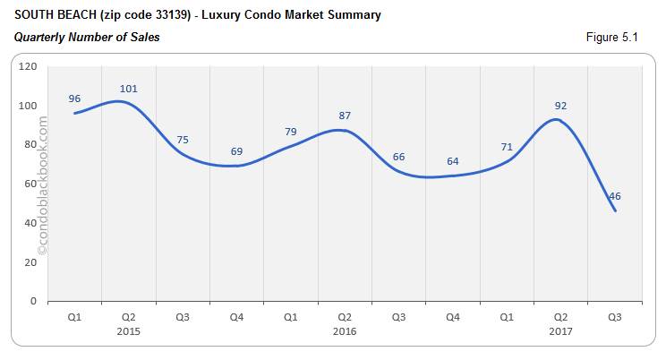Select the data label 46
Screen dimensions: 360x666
pos(614,196)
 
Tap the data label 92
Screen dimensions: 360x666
pos(560,106)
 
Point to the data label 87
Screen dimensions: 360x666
pos(345,116)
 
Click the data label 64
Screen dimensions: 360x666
pos(453,161)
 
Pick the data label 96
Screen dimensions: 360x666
pos(75,99)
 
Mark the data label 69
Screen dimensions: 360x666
pos(237,151)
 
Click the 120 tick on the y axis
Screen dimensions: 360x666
pos(28,66)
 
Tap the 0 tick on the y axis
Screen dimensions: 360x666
pos(33,302)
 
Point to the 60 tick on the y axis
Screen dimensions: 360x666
pos(30,184)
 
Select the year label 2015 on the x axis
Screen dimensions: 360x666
pos(128,331)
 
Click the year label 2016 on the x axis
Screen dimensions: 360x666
pos(344,331)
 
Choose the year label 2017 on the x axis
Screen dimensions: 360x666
pos(560,331)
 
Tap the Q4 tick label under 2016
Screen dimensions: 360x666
pos(452,317)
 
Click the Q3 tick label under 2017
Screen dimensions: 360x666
pos(614,317)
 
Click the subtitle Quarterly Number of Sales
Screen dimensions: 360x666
pos(87,37)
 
